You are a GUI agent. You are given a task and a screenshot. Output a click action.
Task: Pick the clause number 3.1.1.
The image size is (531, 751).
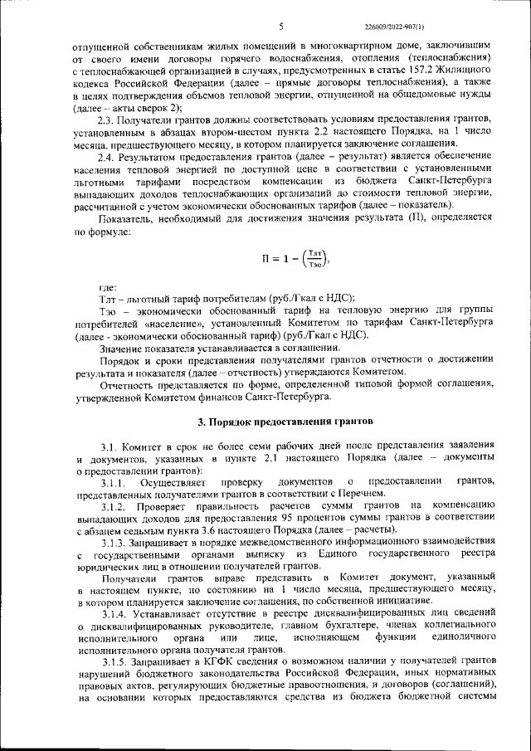click(113, 482)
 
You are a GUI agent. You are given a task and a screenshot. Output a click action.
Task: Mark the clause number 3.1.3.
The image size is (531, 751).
click(114, 541)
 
